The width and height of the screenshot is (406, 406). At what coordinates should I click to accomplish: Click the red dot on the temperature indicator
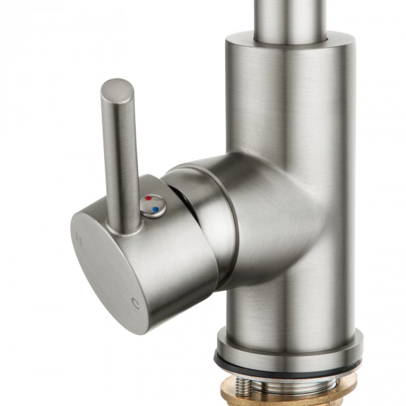[x=149, y=199]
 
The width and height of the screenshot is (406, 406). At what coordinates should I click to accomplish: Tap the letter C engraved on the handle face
[x=134, y=303]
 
